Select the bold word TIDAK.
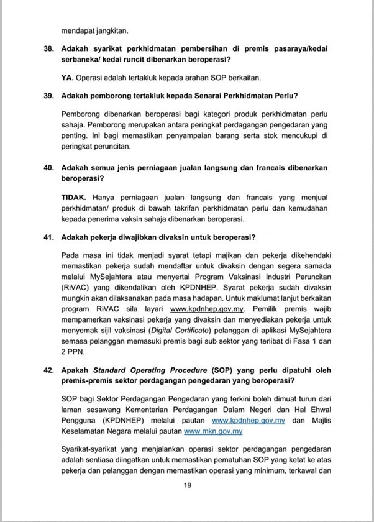point(74,196)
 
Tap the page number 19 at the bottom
point(186,486)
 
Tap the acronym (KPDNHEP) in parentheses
point(84,421)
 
